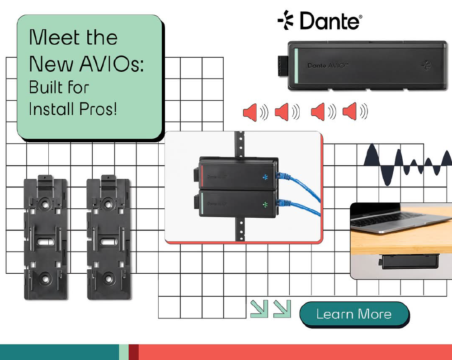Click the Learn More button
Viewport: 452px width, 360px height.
pyautogui.click(x=354, y=314)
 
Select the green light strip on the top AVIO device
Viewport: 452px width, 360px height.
pyautogui.click(x=296, y=65)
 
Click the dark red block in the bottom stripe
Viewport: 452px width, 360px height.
pyautogui.click(x=133, y=352)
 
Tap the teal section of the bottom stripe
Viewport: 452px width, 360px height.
pyautogui.click(x=59, y=352)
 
